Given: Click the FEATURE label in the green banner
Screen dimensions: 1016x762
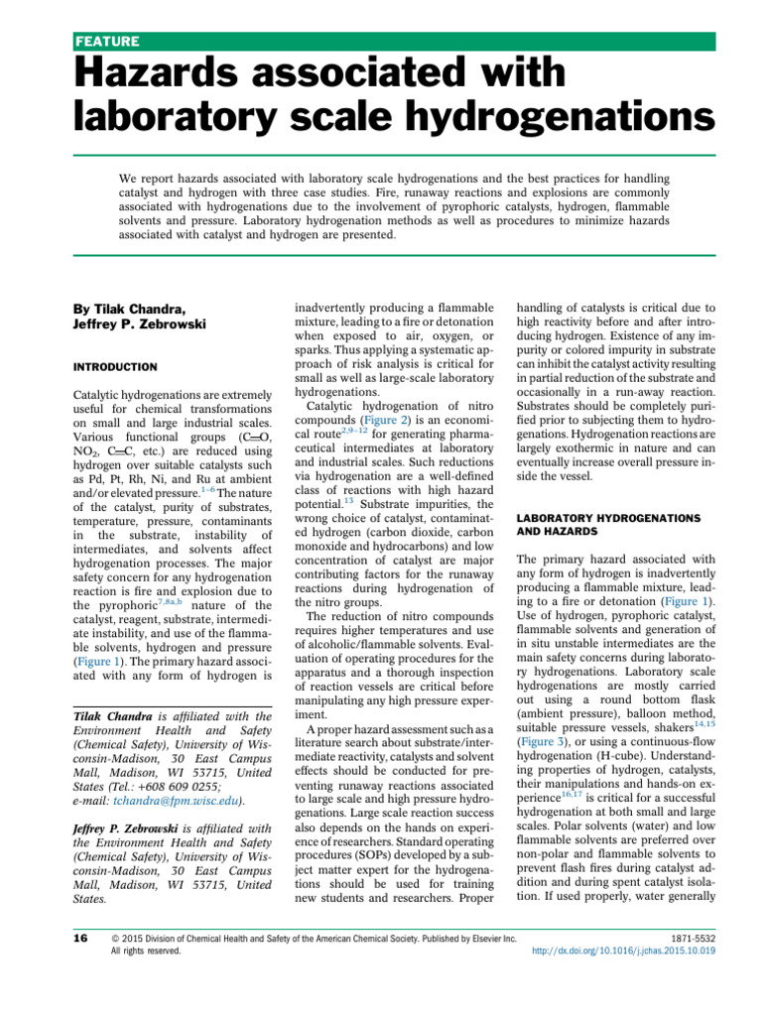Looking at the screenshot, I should pyautogui.click(x=107, y=42).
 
